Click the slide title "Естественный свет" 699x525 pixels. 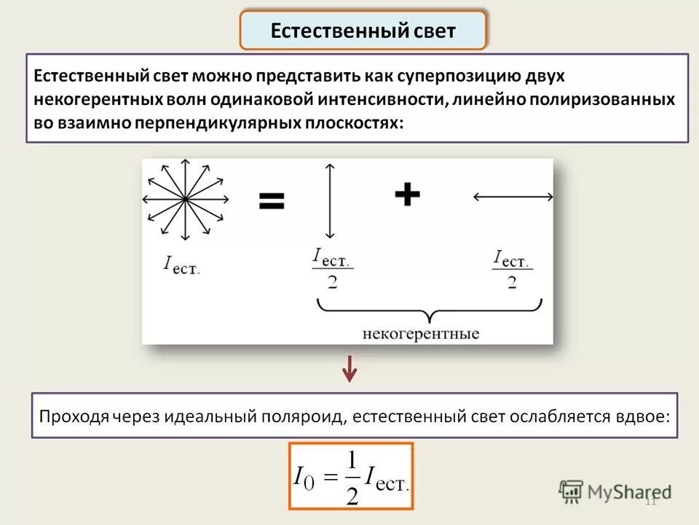(x=363, y=31)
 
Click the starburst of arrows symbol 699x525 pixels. (x=185, y=199)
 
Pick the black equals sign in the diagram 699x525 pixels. (x=272, y=201)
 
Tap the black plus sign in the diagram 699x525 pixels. (x=407, y=194)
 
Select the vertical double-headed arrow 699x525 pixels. (x=330, y=201)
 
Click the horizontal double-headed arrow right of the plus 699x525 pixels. (x=513, y=196)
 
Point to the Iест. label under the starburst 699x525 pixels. (x=181, y=265)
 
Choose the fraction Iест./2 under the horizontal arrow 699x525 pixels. (x=513, y=269)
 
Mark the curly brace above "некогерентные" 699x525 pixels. (x=430, y=310)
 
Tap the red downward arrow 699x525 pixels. (x=350, y=369)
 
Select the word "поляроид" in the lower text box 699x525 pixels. (x=301, y=416)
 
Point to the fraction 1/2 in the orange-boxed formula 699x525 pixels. (x=352, y=478)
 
